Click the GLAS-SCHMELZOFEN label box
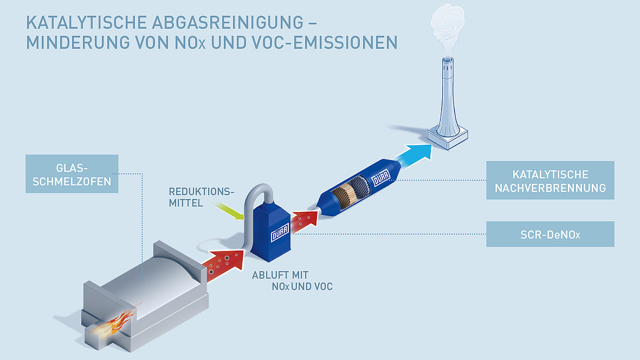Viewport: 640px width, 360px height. tap(72, 174)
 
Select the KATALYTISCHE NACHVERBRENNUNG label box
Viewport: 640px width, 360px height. tap(550, 181)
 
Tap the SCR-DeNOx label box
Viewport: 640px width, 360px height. tap(550, 234)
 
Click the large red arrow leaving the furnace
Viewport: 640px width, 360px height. tap(224, 262)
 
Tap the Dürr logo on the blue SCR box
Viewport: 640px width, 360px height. tap(279, 235)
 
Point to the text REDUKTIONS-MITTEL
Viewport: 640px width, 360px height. tap(201, 198)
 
